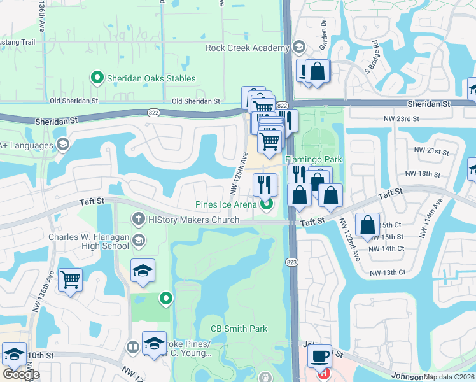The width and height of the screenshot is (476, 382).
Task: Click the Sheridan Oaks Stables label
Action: (x=151, y=79)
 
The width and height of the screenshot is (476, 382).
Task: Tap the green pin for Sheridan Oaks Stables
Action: (x=97, y=79)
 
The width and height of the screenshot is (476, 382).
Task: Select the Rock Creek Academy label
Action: (x=248, y=48)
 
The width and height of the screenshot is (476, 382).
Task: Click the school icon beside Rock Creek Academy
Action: (x=298, y=48)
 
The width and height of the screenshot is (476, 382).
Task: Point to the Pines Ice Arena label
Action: (x=225, y=204)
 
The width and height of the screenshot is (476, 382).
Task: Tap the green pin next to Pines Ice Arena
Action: (x=267, y=204)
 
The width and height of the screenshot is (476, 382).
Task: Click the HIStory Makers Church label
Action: (x=193, y=220)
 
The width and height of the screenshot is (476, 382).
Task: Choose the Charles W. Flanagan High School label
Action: (x=88, y=241)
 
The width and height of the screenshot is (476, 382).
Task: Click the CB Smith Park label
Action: (x=239, y=329)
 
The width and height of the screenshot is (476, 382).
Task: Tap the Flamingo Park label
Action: (x=314, y=159)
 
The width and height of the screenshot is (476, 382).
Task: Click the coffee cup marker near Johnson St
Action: (x=319, y=355)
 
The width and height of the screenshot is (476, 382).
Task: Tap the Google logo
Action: (x=21, y=374)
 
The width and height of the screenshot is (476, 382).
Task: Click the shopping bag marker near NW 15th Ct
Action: (x=368, y=225)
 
